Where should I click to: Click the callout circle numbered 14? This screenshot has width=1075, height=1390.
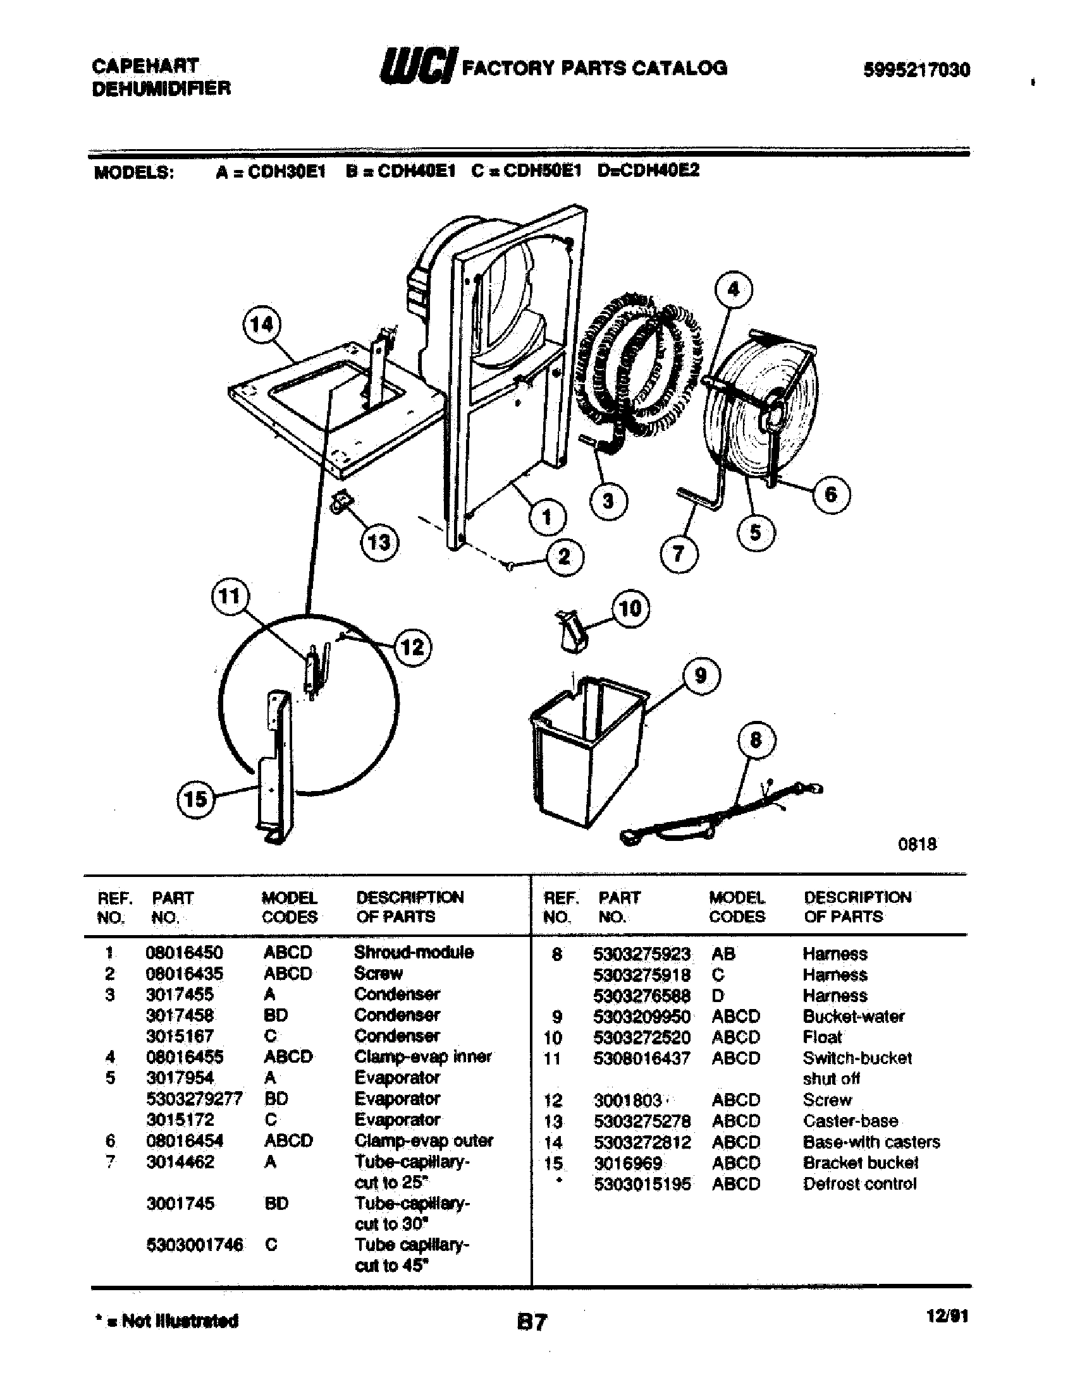coord(262,325)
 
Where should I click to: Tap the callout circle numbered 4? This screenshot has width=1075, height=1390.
coord(733,289)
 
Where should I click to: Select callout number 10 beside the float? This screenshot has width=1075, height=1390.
coord(630,608)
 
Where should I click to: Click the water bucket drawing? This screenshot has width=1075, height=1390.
coord(586,751)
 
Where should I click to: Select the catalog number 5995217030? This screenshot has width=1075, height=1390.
coord(916,69)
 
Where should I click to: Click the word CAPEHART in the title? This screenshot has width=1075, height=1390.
coord(146,66)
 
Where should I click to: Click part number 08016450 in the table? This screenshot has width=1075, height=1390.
coord(184,953)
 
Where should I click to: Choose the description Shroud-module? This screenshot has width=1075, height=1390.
coord(414,952)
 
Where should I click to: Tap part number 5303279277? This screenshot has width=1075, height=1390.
coord(193,1099)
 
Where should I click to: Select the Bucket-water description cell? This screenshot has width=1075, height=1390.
coord(853,1017)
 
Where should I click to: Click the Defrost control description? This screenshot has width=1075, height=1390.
coord(859,1184)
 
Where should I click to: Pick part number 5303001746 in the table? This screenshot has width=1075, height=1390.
coord(194,1245)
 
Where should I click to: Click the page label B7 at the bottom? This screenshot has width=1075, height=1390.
coord(531,1322)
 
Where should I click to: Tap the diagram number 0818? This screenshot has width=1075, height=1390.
coord(917,845)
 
